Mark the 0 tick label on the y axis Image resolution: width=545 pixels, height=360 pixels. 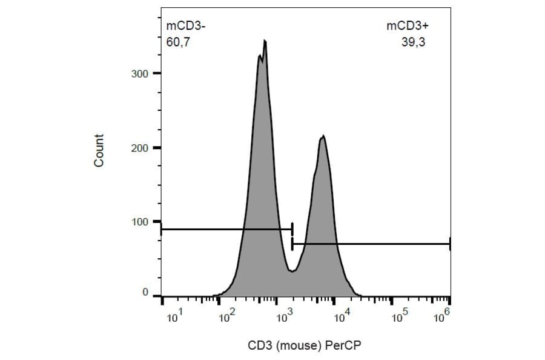145,293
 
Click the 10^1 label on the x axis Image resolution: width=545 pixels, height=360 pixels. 172,316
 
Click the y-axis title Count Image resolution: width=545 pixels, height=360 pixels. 99,151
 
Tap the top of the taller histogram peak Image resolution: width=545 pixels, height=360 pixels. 265,41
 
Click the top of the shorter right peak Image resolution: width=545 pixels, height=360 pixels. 323,136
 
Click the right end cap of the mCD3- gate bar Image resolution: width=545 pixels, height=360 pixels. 292,229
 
